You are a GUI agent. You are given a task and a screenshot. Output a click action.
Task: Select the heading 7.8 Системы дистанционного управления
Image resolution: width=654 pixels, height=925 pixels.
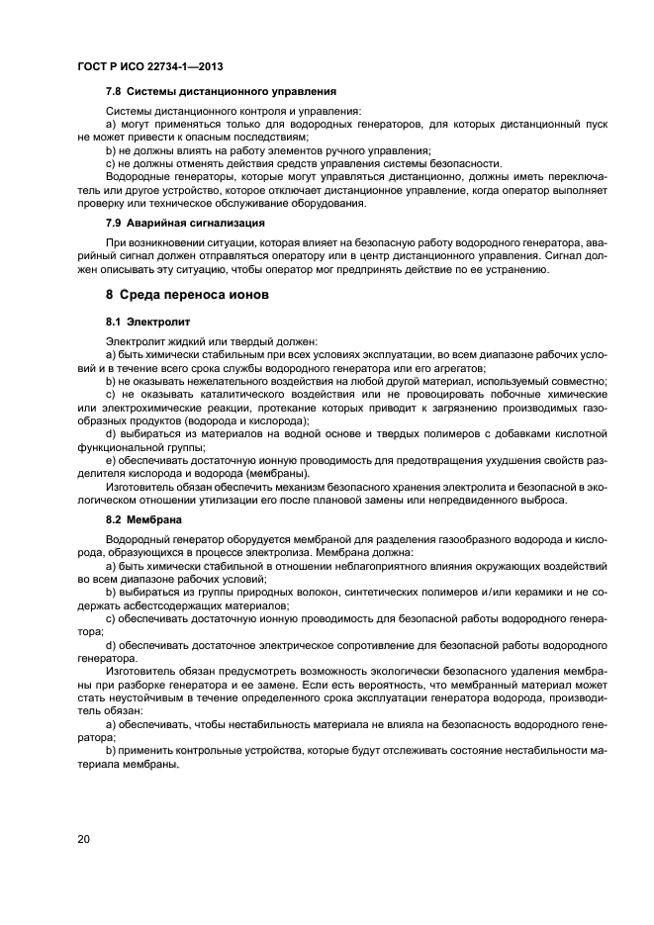(221, 90)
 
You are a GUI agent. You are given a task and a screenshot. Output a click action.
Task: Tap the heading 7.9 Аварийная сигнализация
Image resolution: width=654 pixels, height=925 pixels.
(185, 223)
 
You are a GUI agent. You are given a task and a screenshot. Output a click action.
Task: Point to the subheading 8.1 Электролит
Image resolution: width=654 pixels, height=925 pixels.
(147, 323)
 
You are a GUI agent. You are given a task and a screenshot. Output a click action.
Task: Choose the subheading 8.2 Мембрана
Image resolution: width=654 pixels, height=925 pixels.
(142, 518)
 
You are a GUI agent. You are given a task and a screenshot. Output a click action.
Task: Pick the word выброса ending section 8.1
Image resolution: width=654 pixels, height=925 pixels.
(544, 500)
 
